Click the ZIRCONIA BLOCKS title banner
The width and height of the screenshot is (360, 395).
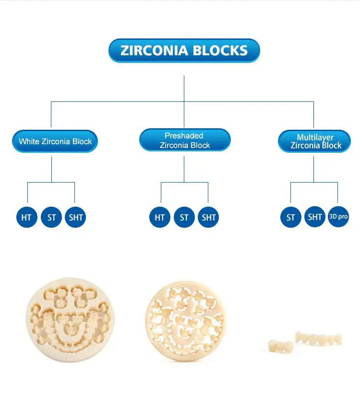(x=184, y=50)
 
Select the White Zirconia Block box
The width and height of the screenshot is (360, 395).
(x=55, y=141)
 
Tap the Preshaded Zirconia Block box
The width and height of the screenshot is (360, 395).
(x=184, y=140)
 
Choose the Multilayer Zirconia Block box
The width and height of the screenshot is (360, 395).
(x=315, y=141)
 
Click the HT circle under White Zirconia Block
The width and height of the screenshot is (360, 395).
(x=26, y=217)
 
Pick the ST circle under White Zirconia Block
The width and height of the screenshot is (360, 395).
(x=51, y=217)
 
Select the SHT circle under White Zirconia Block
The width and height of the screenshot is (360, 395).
(x=75, y=217)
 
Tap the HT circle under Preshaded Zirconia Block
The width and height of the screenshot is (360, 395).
(x=160, y=217)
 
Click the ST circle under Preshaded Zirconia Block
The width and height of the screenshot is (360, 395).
(x=184, y=217)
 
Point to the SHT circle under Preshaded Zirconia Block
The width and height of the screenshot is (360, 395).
(x=209, y=217)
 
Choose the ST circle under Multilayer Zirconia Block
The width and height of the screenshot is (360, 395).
(x=291, y=217)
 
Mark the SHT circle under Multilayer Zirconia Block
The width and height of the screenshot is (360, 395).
(x=315, y=217)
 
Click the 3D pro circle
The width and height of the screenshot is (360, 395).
(x=338, y=217)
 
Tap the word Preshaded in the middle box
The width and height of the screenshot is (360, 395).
(x=184, y=136)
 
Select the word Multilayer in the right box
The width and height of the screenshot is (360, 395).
(x=315, y=137)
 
